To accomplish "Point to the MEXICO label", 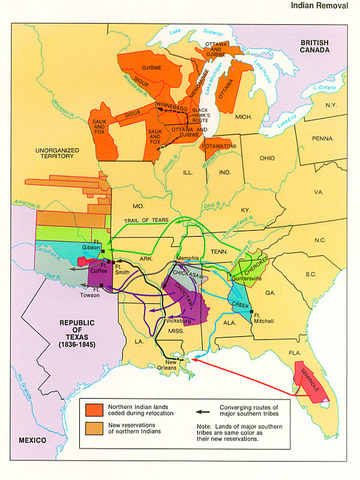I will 22,439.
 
